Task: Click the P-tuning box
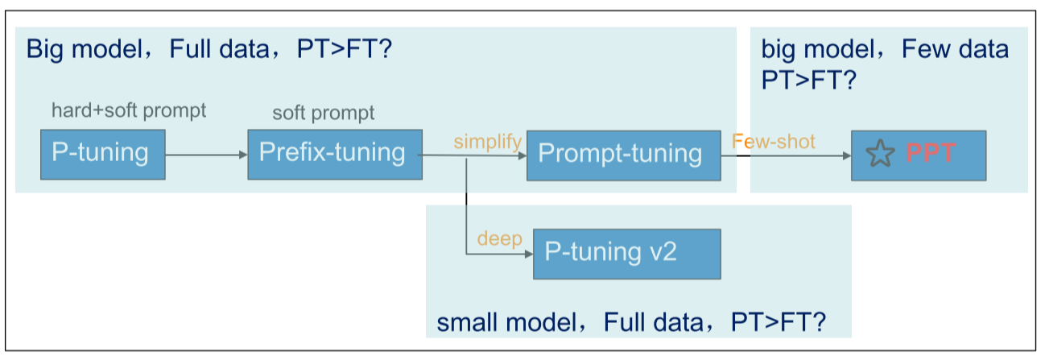[102, 153]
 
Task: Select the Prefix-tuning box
[334, 153]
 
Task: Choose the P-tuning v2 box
[626, 253]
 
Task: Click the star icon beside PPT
[881, 154]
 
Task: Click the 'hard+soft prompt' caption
[129, 110]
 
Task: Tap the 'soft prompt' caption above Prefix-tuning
[323, 113]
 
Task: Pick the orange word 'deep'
[500, 239]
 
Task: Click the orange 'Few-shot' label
[774, 142]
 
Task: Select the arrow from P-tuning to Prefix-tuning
[207, 154]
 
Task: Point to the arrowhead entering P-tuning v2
[529, 254]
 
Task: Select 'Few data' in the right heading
[955, 50]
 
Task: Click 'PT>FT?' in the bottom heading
[778, 324]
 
